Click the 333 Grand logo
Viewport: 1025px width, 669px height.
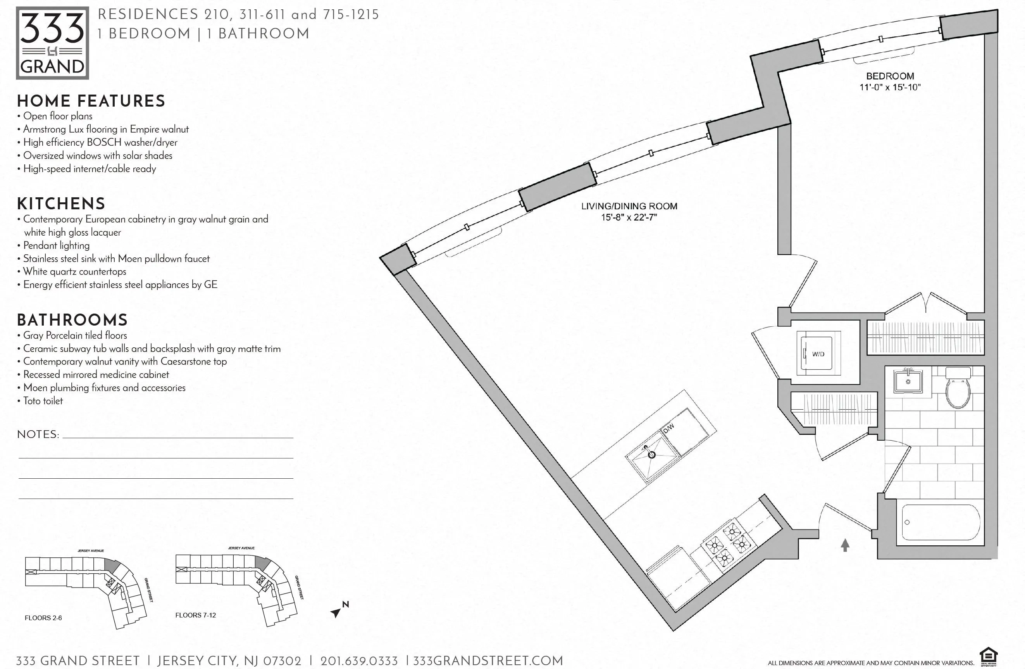[52, 43]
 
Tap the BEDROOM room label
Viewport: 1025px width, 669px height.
[890, 76]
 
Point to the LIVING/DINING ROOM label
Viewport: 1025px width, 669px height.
[629, 206]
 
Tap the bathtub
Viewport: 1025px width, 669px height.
[941, 522]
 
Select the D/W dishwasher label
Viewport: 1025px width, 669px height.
[668, 428]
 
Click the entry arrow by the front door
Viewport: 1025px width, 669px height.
[845, 545]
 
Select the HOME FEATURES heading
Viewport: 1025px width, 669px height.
[91, 101]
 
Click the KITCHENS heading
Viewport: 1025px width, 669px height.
[61, 203]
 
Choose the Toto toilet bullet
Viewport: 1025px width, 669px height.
[43, 401]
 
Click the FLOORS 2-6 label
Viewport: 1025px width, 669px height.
[43, 618]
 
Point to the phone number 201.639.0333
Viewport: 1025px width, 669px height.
[359, 661]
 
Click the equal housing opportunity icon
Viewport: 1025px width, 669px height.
[989, 657]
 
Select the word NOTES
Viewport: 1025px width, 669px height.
[38, 434]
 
